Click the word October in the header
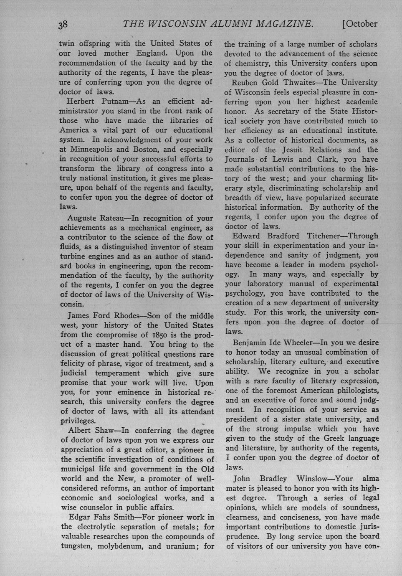[362, 24]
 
